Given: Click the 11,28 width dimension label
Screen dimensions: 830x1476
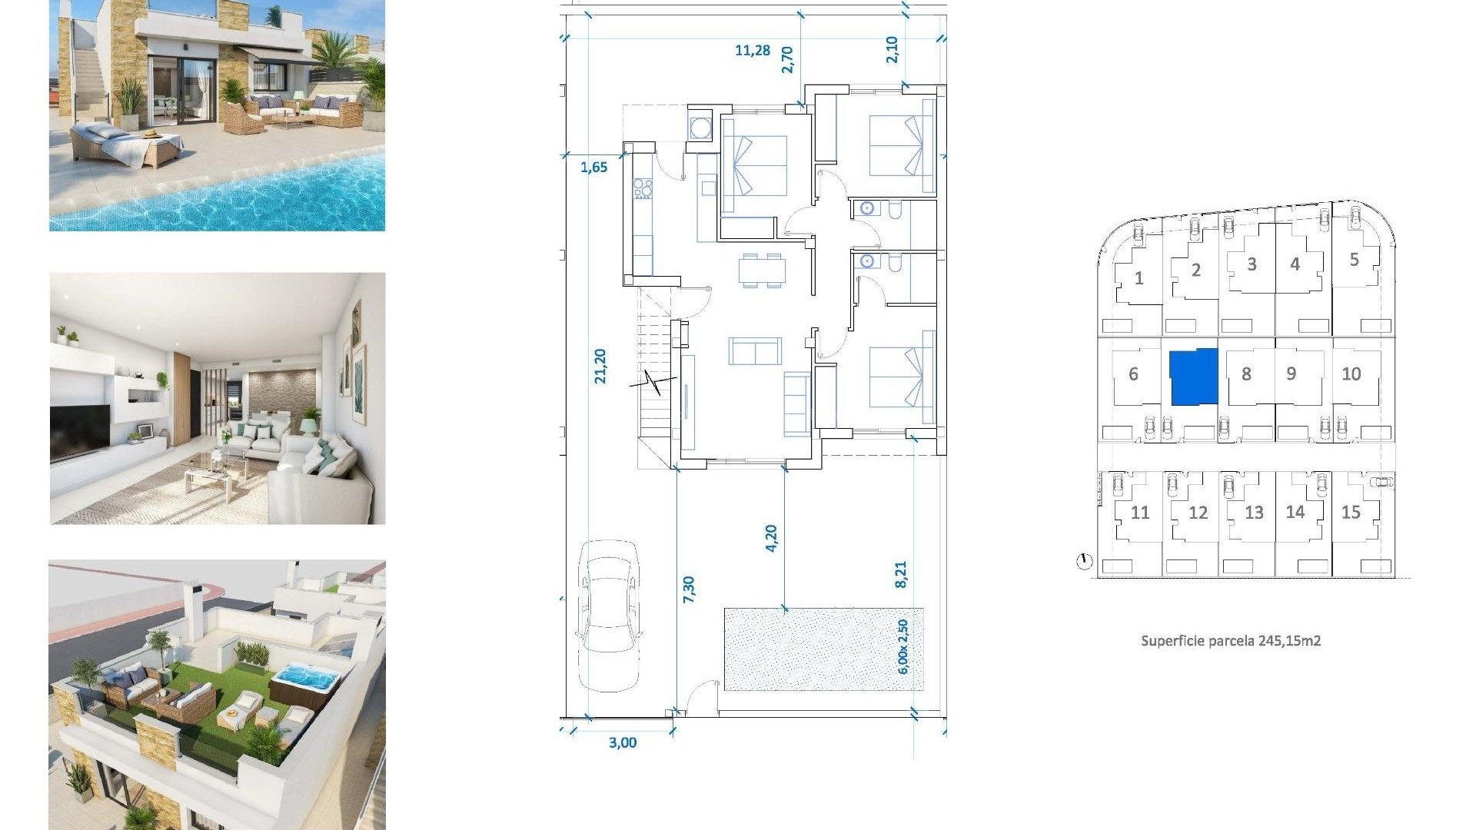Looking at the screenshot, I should [x=752, y=51].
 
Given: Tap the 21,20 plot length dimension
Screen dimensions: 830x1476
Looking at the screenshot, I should [x=600, y=366].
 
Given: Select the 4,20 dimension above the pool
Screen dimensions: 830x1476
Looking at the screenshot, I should [x=771, y=537].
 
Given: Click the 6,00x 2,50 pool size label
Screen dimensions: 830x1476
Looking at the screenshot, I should [x=903, y=646].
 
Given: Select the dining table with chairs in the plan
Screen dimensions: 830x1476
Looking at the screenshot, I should [x=762, y=271].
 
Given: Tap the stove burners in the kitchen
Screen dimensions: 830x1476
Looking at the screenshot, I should [x=643, y=188].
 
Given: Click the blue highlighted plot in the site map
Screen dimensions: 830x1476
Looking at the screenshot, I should [x=1193, y=377].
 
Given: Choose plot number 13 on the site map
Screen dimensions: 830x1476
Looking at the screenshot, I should [x=1254, y=513].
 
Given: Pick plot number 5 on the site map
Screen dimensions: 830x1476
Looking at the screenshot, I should [x=1354, y=260].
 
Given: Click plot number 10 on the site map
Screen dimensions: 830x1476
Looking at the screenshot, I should [x=1351, y=374].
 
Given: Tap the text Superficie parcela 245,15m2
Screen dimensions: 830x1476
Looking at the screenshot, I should [x=1230, y=641].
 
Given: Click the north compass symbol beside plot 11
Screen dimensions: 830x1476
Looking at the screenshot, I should [x=1084, y=562].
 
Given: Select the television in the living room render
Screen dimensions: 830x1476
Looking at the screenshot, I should [x=80, y=432].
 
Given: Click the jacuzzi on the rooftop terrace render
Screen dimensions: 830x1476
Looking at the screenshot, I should [x=306, y=679].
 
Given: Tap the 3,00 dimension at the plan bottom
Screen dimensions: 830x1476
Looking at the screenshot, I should [x=622, y=742].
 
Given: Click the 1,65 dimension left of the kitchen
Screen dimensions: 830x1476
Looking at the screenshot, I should [x=593, y=167].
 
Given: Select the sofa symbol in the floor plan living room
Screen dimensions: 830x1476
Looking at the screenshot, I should [x=755, y=351].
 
